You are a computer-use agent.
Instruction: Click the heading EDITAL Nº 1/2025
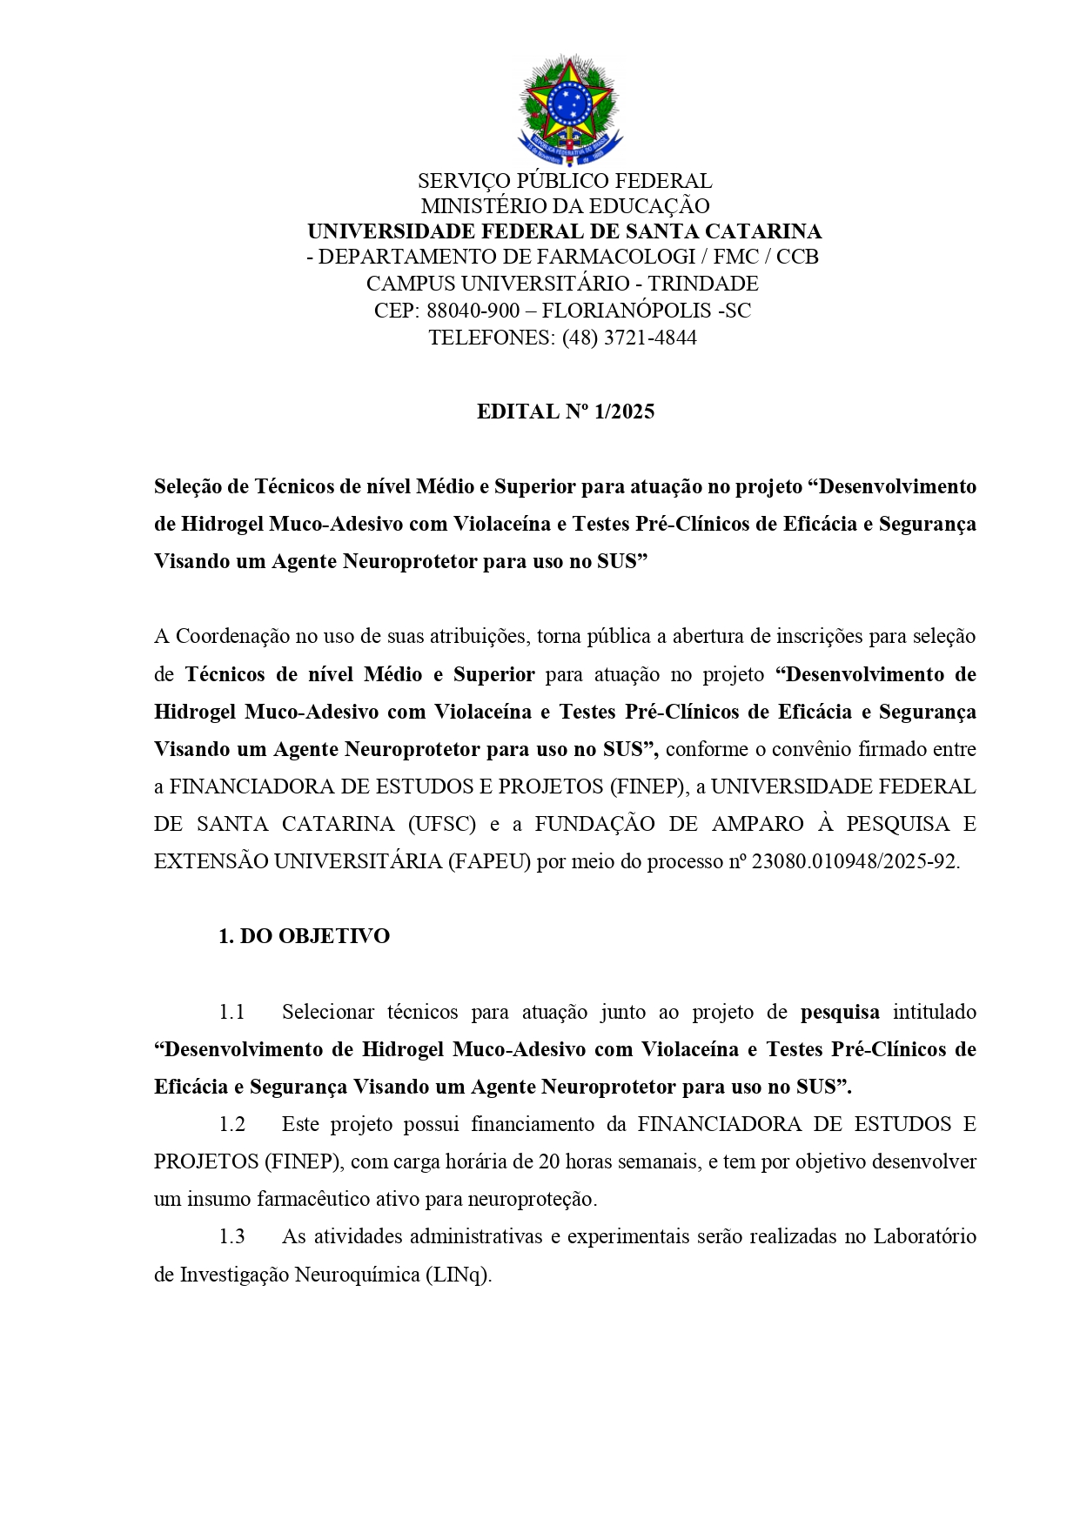[x=565, y=412]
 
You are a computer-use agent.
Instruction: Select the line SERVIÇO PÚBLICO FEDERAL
[x=565, y=181]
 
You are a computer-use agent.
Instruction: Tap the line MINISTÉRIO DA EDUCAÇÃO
[x=565, y=206]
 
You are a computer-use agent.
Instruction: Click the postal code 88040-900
[x=473, y=311]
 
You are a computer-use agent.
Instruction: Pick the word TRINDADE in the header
[x=703, y=284]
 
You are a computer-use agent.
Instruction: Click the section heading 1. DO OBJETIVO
[x=304, y=936]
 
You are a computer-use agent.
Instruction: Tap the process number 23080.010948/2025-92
[x=855, y=861]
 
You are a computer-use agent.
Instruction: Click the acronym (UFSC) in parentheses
[x=442, y=824]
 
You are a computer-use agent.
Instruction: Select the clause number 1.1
[x=231, y=1012]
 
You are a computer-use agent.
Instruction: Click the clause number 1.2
[x=231, y=1124]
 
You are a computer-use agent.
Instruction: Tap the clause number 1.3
[x=231, y=1236]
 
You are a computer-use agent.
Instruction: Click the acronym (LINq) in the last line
[x=458, y=1275]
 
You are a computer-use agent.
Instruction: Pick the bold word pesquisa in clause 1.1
[x=840, y=1012]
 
